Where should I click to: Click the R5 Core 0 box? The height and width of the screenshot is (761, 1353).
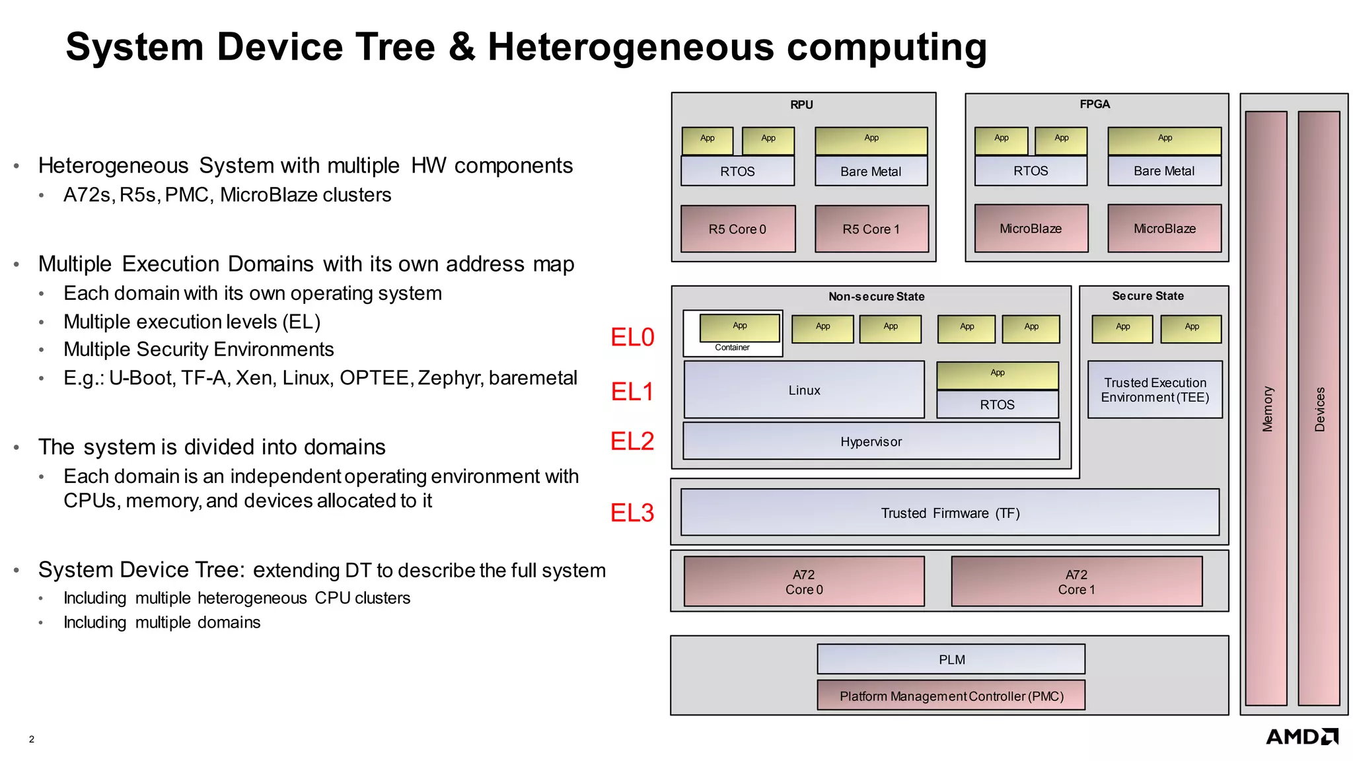[x=737, y=229]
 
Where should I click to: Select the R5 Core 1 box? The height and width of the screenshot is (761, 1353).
[x=871, y=229]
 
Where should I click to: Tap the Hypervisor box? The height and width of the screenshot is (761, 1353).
[x=871, y=441]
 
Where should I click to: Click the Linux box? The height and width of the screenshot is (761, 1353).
[x=804, y=390]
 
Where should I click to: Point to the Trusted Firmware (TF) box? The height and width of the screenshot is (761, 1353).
[x=949, y=513]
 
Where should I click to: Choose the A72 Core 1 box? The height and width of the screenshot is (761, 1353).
[x=1076, y=581]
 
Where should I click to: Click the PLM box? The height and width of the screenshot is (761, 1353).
[x=951, y=659]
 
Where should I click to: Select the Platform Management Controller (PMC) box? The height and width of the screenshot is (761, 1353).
[x=951, y=696]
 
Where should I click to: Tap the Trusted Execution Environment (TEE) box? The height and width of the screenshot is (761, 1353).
[x=1155, y=390]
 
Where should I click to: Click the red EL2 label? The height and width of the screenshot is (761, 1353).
[x=632, y=441]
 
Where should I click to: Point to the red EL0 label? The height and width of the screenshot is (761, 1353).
[x=632, y=338]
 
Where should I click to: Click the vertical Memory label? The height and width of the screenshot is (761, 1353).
[x=1267, y=409]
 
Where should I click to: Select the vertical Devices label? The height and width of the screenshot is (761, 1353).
[x=1319, y=409]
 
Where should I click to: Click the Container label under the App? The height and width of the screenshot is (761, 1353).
[x=732, y=347]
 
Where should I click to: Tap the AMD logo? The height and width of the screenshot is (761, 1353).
[x=1301, y=737]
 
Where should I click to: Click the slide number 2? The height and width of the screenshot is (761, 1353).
[x=32, y=739]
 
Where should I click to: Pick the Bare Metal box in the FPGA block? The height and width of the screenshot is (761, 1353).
[x=1164, y=171]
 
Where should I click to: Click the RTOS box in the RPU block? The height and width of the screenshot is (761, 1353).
[x=737, y=171]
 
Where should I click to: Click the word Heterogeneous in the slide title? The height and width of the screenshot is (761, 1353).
[x=630, y=48]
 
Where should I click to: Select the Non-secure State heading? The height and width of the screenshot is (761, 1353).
[x=876, y=297]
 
